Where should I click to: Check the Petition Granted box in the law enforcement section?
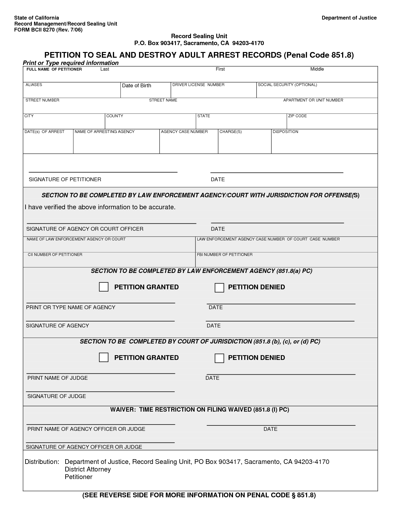tap(104, 287)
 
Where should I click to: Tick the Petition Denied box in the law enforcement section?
tap(219, 288)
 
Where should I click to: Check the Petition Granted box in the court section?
tap(104, 357)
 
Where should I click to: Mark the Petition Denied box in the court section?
tap(219, 358)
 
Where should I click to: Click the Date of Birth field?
tap(145, 92)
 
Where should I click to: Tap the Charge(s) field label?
tap(230, 132)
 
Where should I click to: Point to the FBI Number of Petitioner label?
tap(224, 255)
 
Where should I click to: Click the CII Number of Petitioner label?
tap(55, 255)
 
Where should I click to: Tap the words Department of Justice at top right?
tap(349, 18)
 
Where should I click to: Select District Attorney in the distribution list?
tap(88, 469)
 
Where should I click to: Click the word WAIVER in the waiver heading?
tap(123, 410)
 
